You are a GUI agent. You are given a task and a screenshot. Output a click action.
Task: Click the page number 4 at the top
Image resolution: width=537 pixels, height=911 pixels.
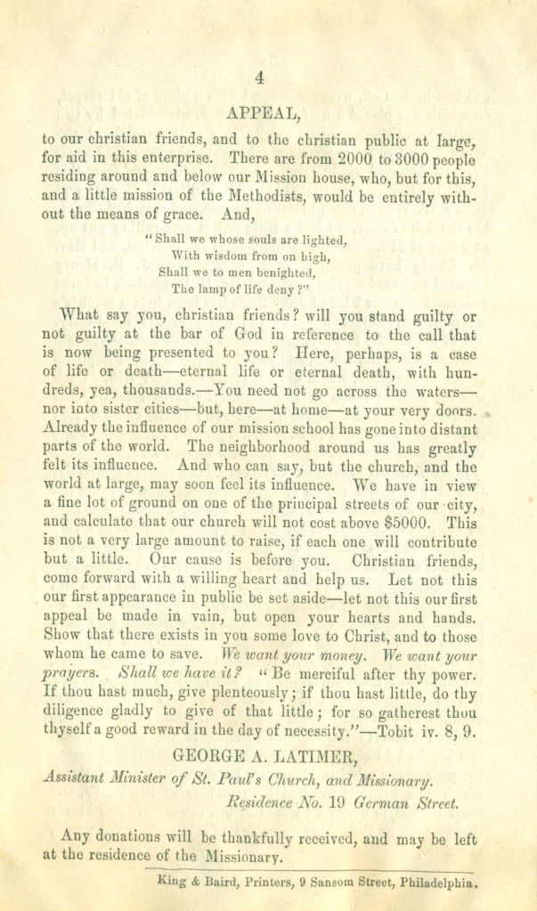(259, 78)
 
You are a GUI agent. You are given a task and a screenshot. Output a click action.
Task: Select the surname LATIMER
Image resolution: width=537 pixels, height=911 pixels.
(314, 758)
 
